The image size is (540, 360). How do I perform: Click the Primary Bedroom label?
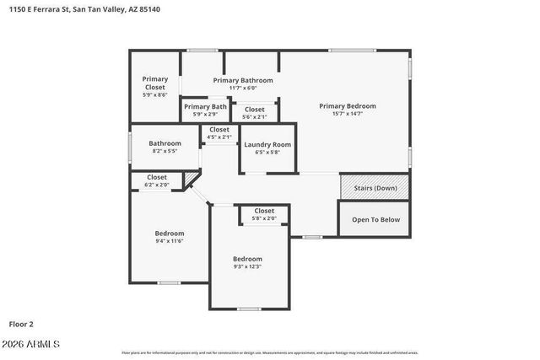pos(347,106)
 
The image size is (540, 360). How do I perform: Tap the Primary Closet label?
pos(154,83)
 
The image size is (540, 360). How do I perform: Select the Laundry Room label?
pos(267,144)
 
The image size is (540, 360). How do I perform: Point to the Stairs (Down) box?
pos(375,188)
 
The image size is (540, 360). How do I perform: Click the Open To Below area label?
pos(375,219)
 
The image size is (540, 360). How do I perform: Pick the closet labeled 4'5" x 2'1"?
pos(219,132)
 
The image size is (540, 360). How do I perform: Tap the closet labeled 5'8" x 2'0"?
pos(264,214)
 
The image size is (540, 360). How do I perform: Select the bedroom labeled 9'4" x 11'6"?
pos(169,237)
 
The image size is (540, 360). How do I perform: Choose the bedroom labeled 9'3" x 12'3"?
pos(247,262)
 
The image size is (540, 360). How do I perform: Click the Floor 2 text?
pos(21,323)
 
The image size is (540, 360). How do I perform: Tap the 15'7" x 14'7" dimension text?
pos(347,113)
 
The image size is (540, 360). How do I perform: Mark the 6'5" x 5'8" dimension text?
pos(267,153)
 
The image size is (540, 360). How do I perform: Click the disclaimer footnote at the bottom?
pos(269,352)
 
